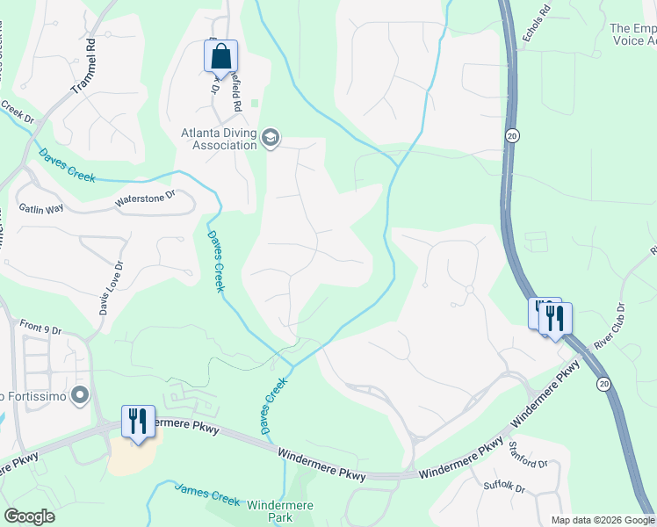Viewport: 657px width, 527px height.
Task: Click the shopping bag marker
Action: click(x=221, y=57)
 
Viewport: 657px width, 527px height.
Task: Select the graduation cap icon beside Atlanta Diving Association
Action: click(x=270, y=138)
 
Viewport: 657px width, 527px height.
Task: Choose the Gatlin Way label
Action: click(x=41, y=208)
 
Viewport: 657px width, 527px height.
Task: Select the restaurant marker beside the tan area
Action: click(x=138, y=422)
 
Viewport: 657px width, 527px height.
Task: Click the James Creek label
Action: click(x=207, y=494)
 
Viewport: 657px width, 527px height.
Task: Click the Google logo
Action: click(x=30, y=516)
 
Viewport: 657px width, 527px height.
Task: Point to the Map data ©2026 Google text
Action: click(x=602, y=520)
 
